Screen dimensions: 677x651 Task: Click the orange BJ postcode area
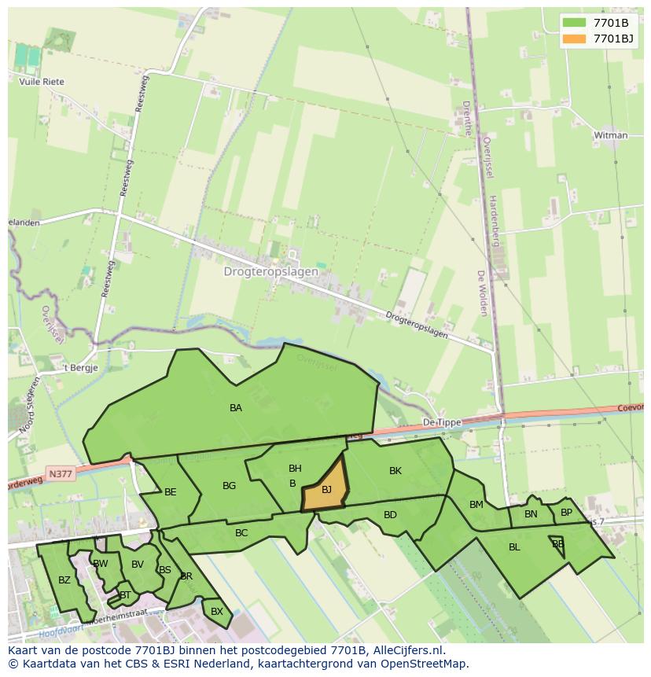click(x=326, y=489)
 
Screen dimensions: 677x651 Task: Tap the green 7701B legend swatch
click(x=574, y=22)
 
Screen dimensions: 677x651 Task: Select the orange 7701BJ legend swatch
click(x=574, y=38)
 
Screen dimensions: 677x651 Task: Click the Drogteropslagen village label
click(x=271, y=271)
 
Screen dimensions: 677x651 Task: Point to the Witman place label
click(x=611, y=135)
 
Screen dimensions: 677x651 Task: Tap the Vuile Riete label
click(x=42, y=82)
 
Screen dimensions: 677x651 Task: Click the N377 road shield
click(x=58, y=474)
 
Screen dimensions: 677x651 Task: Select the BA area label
click(x=236, y=407)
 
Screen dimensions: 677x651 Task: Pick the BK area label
click(x=395, y=471)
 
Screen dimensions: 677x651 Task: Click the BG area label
click(x=229, y=486)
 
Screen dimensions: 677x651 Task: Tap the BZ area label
click(x=64, y=580)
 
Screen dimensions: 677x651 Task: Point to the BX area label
click(x=217, y=611)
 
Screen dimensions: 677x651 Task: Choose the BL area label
click(x=514, y=547)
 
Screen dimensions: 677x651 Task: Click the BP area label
click(x=566, y=513)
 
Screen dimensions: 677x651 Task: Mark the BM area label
click(x=476, y=505)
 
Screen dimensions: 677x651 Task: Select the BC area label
click(x=241, y=532)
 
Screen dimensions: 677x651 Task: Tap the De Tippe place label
click(x=442, y=422)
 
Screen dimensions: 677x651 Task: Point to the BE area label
click(x=171, y=492)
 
